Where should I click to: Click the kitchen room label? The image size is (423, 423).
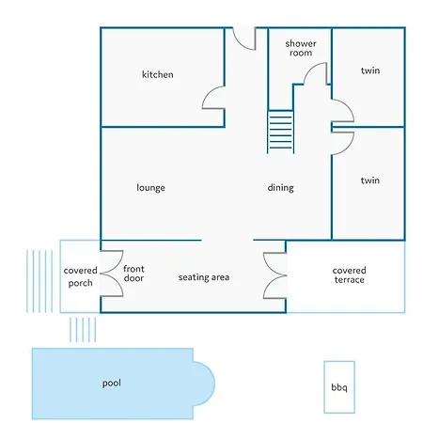(158, 74)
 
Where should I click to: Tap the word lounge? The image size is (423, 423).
(150, 188)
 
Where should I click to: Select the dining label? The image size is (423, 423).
(281, 188)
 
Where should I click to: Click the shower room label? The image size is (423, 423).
(301, 48)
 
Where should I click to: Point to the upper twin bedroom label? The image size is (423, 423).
(370, 70)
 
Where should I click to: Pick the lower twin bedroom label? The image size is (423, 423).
(370, 180)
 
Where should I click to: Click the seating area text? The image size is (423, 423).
(204, 277)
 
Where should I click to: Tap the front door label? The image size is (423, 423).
(133, 274)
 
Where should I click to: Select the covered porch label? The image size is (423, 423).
(80, 276)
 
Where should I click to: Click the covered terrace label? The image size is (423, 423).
(349, 275)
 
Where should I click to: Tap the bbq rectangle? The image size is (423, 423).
(339, 387)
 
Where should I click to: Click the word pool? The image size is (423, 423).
(112, 383)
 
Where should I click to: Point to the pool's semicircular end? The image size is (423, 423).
(214, 384)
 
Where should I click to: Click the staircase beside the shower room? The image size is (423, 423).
(281, 132)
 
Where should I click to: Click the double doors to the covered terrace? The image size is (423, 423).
(274, 275)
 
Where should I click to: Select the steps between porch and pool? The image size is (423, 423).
(83, 330)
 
